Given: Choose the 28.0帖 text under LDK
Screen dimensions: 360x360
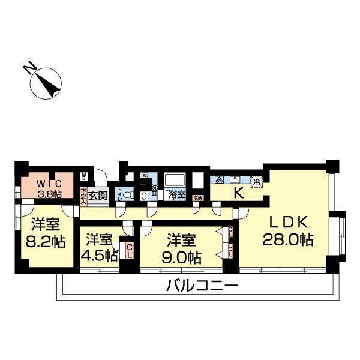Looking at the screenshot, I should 288,239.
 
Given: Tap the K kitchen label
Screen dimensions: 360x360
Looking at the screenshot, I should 238,193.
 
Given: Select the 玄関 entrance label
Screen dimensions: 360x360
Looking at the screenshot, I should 98,196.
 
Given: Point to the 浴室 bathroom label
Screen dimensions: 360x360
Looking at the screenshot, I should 176,195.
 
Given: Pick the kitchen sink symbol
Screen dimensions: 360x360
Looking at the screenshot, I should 236,180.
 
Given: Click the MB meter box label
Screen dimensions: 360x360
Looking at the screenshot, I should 85,178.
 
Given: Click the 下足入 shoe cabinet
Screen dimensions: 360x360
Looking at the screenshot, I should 83,195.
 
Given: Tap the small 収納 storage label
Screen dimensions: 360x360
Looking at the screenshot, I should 197,197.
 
